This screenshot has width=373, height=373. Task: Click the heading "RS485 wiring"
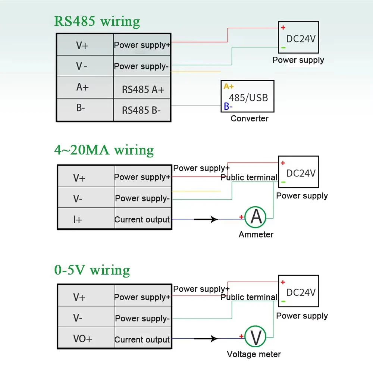pyautogui.click(x=97, y=21)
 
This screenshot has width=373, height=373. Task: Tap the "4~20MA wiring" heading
pyautogui.click(x=104, y=150)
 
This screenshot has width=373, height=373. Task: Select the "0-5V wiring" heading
pyautogui.click(x=92, y=270)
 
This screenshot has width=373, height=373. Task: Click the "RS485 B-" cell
pyautogui.click(x=142, y=110)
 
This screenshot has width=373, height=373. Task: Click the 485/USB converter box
pyautogui.click(x=247, y=96)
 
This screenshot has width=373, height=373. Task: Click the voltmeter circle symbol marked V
pyautogui.click(x=256, y=337)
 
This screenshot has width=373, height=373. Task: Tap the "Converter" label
pyautogui.click(x=249, y=119)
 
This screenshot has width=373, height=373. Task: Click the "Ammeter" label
pyautogui.click(x=256, y=235)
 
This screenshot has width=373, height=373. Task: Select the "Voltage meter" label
pyautogui.click(x=254, y=354)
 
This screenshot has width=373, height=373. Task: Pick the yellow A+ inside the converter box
pyautogui.click(x=229, y=87)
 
